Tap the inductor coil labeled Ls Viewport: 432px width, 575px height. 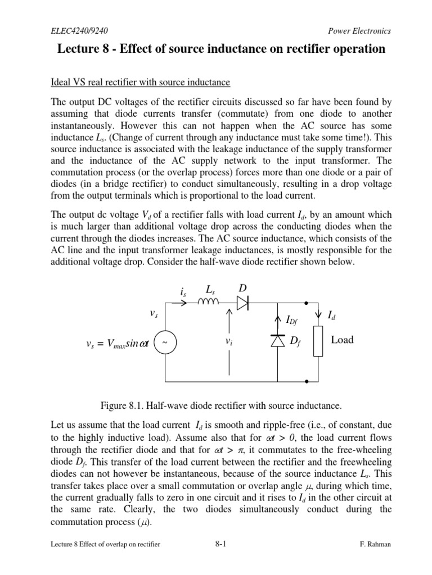(209, 304)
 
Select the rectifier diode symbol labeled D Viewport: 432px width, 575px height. (242, 304)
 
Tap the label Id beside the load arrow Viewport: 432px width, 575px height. (332, 318)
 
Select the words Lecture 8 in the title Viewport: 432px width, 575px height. (79, 49)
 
